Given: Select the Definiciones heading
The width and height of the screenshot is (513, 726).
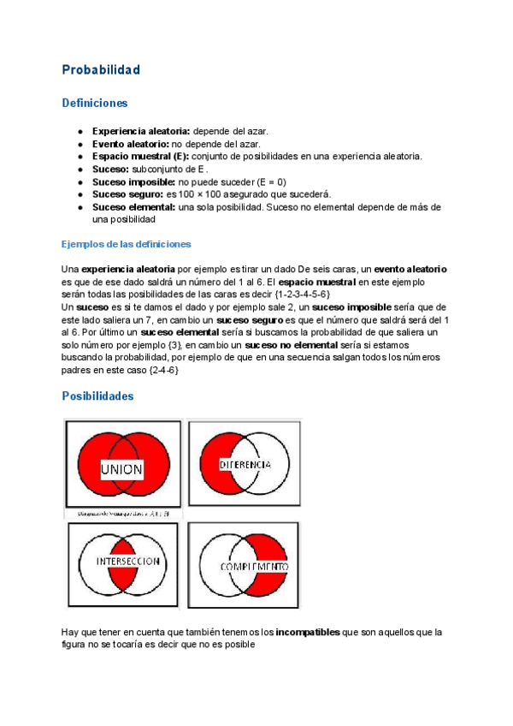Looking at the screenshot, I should (94, 103).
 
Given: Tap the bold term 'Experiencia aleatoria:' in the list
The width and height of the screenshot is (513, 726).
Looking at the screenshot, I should (141, 132).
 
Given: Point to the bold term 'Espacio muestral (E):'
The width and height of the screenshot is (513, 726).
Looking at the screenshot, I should (140, 157).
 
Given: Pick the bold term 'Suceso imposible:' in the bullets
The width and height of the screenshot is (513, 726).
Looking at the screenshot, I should (133, 181).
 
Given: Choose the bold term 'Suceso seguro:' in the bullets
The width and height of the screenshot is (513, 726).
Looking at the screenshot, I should (127, 194).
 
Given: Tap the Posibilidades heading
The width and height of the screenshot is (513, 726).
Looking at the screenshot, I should (97, 397).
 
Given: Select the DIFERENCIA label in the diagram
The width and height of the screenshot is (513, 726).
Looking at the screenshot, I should (245, 464).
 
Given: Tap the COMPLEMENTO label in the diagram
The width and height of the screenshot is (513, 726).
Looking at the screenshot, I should (254, 567).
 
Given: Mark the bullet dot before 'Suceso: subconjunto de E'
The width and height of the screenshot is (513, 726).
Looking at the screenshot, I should (80, 170).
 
